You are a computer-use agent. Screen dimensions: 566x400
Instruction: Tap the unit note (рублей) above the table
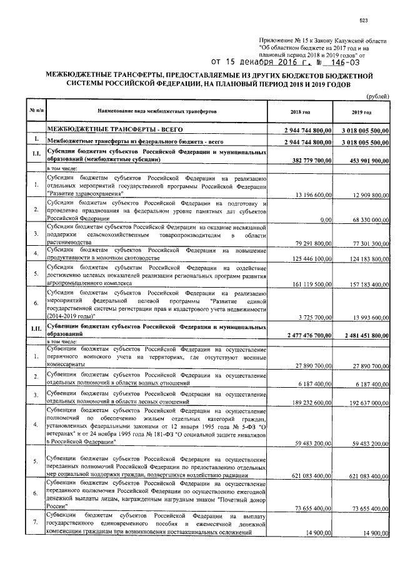point(377,95)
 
